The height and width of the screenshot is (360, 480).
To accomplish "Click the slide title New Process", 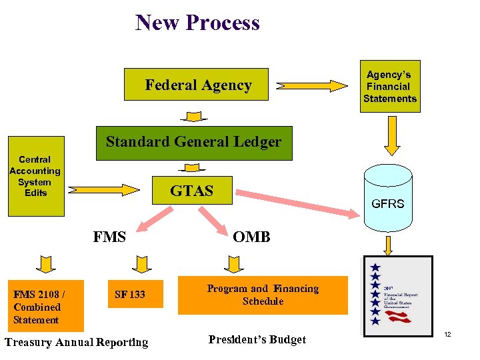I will point(197,23).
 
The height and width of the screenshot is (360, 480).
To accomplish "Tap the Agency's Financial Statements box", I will point(389,86).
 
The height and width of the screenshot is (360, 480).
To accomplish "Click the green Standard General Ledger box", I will point(193,143).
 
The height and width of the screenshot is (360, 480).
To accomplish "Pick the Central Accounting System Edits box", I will point(35,177).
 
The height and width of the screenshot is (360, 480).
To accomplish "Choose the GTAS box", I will point(192,191).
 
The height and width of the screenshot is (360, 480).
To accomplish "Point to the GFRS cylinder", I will point(387,197).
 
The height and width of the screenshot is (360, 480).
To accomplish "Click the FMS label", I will point(109,237).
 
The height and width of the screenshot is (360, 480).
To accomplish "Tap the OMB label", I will point(251,237).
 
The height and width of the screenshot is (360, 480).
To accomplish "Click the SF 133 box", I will point(130,294).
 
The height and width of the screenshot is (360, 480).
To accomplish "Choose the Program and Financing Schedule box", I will point(263,295).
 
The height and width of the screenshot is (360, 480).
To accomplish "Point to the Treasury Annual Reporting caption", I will point(76,343).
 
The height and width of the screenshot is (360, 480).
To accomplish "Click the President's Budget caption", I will point(257,340).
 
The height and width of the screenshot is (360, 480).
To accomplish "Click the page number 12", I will point(447,333).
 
